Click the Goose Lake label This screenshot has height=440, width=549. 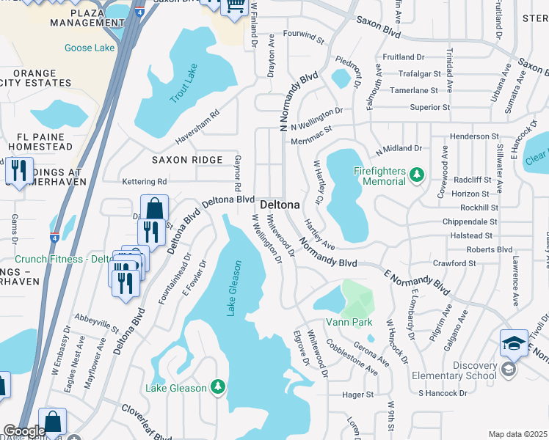click(90, 48)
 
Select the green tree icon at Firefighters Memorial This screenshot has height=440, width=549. click(417, 175)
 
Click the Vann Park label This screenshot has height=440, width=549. click(349, 322)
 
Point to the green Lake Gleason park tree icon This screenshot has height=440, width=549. click(217, 386)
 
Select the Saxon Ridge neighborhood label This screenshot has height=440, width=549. click(187, 160)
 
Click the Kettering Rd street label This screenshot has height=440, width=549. click(145, 181)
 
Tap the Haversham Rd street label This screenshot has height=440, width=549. click(197, 127)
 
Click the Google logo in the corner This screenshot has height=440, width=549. click(24, 431)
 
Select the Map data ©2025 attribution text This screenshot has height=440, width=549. click(517, 434)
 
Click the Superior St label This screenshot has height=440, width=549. click(429, 107)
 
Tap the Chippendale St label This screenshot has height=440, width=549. click(470, 221)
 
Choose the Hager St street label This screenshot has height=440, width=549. click(358, 394)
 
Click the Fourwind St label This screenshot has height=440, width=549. click(303, 34)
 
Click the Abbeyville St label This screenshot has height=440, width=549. click(96, 323)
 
